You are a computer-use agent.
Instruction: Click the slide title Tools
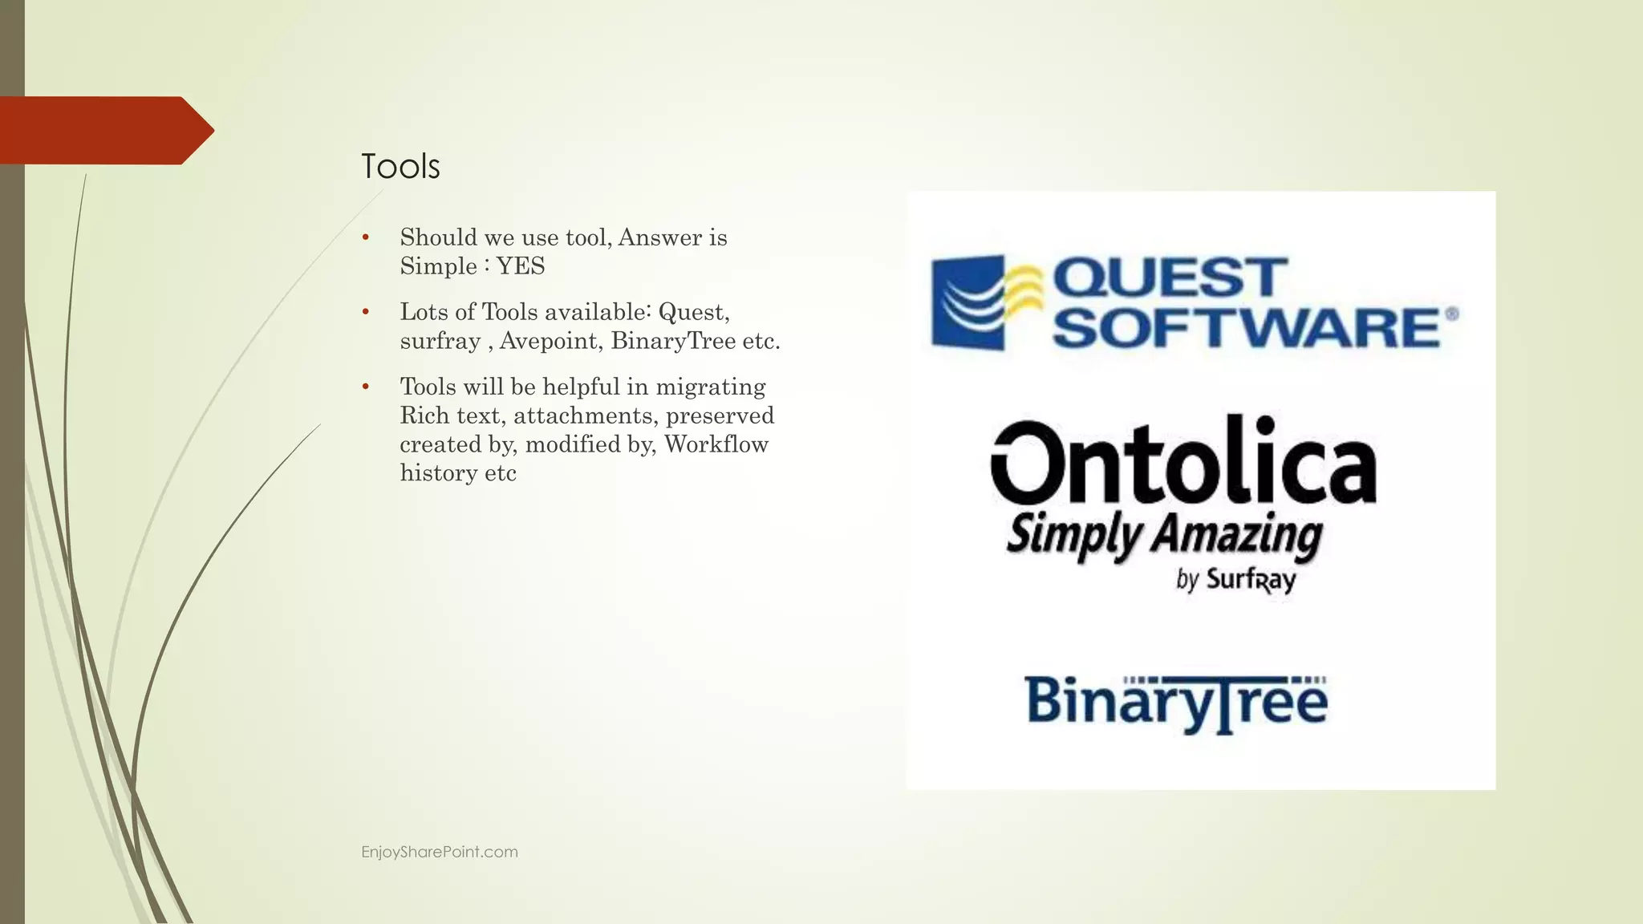(x=400, y=167)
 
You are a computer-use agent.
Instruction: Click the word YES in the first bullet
(x=521, y=266)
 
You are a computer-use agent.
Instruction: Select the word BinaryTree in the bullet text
(x=673, y=342)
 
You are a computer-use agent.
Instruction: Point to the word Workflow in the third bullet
(x=716, y=444)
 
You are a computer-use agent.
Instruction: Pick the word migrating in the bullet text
(x=710, y=387)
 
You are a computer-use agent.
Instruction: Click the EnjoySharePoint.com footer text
(x=440, y=852)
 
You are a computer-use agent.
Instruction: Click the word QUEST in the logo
(x=1170, y=278)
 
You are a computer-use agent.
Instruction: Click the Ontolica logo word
(x=1183, y=459)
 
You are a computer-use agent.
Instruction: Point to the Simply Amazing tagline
(x=1164, y=535)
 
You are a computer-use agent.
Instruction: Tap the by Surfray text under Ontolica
(x=1235, y=579)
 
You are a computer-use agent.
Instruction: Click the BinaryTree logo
(x=1176, y=703)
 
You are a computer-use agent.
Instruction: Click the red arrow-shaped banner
(x=100, y=131)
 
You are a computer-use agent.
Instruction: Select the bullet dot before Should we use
(x=366, y=237)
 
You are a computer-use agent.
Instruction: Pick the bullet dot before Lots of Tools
(x=366, y=312)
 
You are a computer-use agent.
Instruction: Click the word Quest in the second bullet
(x=692, y=312)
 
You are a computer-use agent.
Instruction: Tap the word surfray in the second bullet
(x=440, y=342)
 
